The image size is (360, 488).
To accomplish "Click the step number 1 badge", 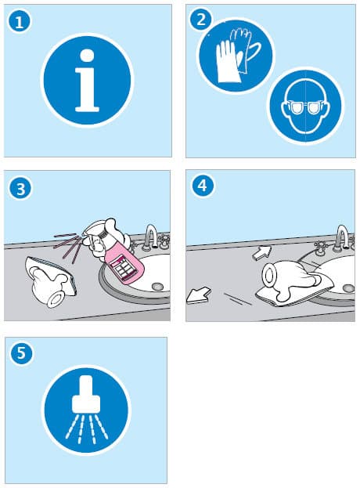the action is pyautogui.click(x=20, y=21).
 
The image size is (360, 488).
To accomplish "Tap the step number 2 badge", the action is pyautogui.click(x=201, y=20).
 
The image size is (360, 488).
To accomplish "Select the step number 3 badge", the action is pyautogui.click(x=20, y=189).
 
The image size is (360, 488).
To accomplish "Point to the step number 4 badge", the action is pyautogui.click(x=203, y=186).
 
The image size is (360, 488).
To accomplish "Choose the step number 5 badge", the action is pyautogui.click(x=21, y=353).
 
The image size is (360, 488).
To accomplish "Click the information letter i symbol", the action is pyautogui.click(x=87, y=81).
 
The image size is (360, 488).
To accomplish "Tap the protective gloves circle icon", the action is pyautogui.click(x=236, y=56).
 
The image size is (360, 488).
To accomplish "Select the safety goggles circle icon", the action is pyautogui.click(x=305, y=106).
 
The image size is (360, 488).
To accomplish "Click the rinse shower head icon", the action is pyautogui.click(x=86, y=408).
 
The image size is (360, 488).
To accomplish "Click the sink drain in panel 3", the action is pyautogui.click(x=157, y=287).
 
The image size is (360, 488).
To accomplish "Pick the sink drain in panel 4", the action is pyautogui.click(x=348, y=288).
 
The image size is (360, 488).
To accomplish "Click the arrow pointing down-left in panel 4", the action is pyautogui.click(x=198, y=296).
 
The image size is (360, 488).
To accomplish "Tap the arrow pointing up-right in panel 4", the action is pyautogui.click(x=261, y=253).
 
